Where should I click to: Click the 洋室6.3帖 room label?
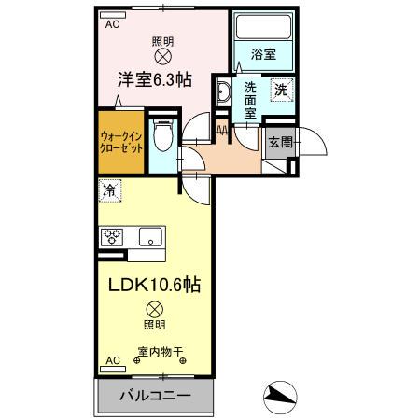[155, 80]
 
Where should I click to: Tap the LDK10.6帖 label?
[155, 283]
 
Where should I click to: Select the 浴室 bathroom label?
[262, 54]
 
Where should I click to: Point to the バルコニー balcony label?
[155, 395]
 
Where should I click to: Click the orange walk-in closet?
[120, 143]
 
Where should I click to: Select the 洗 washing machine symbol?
[280, 90]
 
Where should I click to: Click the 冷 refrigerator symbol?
[109, 189]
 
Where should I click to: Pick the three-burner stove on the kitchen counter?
[114, 236]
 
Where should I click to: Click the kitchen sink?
[149, 237]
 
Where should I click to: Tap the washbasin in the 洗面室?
[224, 91]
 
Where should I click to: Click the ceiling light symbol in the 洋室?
[163, 56]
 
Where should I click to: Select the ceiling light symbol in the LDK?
[155, 308]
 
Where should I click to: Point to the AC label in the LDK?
[112, 359]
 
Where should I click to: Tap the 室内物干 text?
[161, 352]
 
